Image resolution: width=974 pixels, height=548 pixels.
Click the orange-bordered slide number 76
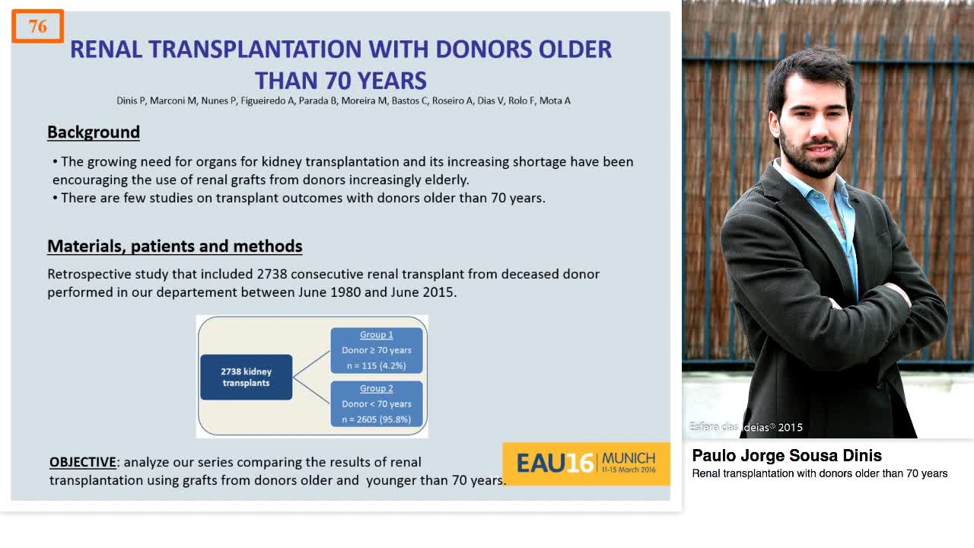[x=38, y=27]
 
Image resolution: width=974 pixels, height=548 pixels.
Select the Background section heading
[x=94, y=132]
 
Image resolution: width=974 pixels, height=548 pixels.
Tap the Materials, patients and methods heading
[x=175, y=247]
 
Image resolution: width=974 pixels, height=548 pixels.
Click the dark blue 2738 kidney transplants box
[x=246, y=378]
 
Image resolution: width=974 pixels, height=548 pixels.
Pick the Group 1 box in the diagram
[x=377, y=350]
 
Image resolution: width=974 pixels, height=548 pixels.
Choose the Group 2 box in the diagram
[x=377, y=403]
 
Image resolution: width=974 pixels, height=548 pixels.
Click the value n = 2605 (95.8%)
[x=377, y=419]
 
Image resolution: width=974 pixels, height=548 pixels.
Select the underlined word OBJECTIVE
[x=83, y=462]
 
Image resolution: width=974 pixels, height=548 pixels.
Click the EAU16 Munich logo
[x=585, y=463]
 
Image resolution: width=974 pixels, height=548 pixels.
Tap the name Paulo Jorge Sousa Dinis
[x=787, y=456]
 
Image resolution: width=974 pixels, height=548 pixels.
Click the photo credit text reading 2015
[x=790, y=428]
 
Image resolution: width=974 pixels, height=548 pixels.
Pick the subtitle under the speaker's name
[x=820, y=474]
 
